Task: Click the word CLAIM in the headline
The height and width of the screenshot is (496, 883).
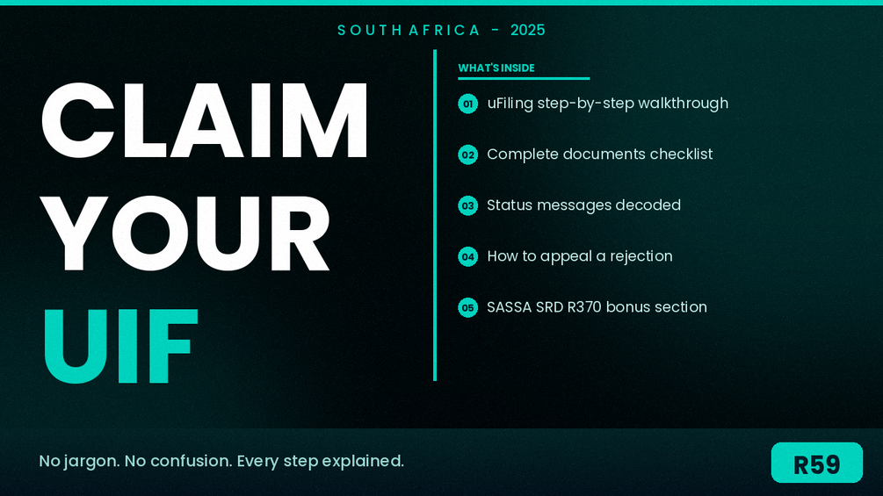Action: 204,120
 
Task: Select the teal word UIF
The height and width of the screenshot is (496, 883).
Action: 120,346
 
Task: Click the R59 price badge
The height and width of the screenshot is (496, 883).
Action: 816,463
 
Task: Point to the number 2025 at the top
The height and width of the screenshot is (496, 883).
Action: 528,31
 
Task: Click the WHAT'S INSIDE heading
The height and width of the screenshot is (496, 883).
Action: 496,68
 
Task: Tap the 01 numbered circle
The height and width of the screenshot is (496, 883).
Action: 468,104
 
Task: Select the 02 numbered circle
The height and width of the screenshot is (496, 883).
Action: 468,155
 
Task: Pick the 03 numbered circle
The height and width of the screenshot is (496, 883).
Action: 468,205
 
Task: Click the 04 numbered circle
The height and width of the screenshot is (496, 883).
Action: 468,257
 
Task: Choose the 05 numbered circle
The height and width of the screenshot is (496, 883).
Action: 468,307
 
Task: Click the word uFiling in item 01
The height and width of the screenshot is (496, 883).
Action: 510,104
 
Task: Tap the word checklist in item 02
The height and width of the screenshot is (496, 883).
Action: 682,155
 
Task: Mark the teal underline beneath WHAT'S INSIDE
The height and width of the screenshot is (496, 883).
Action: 524,78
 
